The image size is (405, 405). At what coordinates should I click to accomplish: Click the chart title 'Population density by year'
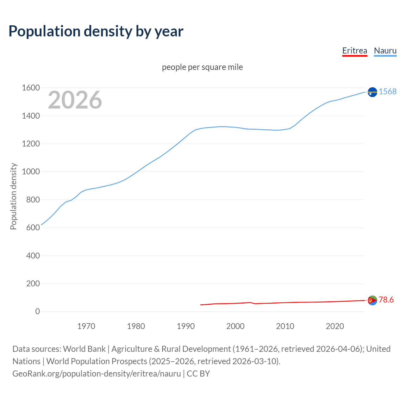96,31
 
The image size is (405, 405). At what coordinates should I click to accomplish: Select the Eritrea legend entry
354,51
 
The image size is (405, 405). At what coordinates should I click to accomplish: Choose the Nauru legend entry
385,51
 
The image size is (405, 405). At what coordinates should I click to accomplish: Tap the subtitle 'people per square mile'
202,67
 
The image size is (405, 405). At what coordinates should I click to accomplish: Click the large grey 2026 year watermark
75,100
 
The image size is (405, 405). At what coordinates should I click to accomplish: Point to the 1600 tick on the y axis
31,88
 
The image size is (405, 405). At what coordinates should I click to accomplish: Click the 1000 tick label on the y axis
31,171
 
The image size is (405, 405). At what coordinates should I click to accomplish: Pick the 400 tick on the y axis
33,255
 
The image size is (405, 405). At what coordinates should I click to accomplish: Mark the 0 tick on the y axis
37,311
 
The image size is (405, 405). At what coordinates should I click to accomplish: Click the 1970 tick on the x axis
86,326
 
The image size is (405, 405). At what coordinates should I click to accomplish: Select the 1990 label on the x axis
186,326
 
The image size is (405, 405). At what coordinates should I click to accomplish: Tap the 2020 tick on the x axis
335,326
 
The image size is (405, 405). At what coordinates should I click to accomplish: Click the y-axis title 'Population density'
13,196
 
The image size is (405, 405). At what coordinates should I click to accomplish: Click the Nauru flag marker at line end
372,92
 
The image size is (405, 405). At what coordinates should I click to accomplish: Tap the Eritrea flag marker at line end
372,300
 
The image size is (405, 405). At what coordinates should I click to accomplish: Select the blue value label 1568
388,91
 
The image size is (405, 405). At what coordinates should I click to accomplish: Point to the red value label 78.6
386,300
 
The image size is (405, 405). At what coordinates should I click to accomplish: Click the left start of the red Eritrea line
201,305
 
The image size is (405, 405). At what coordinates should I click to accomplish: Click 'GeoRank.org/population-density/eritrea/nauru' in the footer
97,374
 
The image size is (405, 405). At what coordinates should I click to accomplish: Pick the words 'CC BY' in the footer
198,374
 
